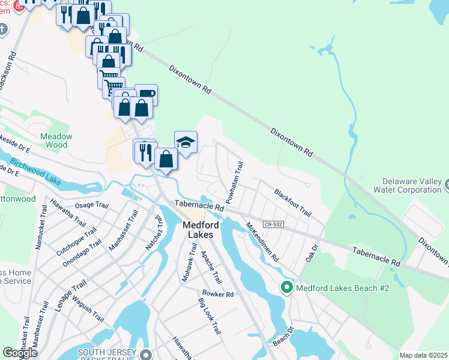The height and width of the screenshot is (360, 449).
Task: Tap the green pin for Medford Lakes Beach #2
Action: coord(286,288)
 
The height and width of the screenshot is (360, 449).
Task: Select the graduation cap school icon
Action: coord(186,143)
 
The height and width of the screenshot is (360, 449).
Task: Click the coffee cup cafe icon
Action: coord(146,94)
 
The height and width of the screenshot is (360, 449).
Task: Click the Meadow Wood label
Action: coord(56,140)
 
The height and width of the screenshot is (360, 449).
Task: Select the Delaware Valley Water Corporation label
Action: coord(412,185)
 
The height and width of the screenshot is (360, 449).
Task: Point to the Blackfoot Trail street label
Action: coord(293,203)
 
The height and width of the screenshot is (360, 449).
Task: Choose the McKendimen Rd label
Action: coord(263,242)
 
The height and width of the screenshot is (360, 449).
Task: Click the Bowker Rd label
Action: coord(217,294)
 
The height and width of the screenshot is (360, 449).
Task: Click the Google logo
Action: coord(20,353)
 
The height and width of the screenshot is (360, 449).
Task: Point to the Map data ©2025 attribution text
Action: coord(423,355)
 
